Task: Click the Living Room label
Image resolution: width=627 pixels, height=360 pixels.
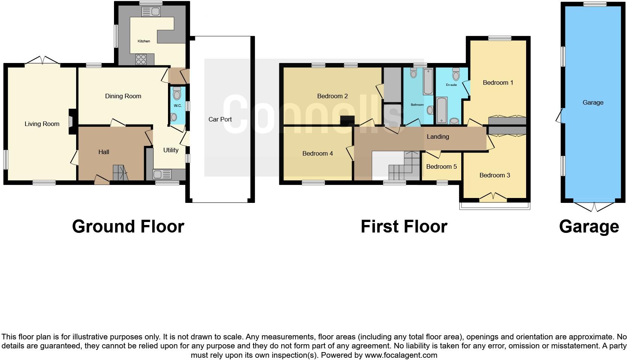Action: tap(42, 124)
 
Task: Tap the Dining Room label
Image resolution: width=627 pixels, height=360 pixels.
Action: tap(123, 96)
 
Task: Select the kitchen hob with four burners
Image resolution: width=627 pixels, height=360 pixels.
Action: tap(141, 59)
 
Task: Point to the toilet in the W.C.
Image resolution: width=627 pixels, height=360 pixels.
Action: tap(177, 92)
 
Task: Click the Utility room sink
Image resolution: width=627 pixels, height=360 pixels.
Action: tap(162, 174)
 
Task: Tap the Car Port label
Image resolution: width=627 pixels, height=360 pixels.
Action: tap(220, 119)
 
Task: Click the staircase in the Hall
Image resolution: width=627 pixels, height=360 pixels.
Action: tap(120, 173)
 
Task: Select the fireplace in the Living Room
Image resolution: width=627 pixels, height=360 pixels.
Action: tap(71, 121)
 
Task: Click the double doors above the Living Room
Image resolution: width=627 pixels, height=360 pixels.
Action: tap(42, 61)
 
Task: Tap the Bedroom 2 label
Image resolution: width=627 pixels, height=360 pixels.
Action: tap(332, 96)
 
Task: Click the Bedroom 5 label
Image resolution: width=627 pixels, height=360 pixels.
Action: tap(441, 166)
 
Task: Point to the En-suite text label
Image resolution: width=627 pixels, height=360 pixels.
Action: tap(451, 85)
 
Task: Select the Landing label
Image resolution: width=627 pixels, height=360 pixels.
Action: tap(438, 136)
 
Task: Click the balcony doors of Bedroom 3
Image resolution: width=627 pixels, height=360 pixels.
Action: tap(494, 196)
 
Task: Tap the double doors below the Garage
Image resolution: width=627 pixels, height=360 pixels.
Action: tap(594, 206)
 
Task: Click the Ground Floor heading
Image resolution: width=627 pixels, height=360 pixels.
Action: tap(128, 226)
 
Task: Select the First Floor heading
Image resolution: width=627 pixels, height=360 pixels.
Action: tap(404, 226)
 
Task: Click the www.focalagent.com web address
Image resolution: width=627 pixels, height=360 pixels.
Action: tap(400, 355)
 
